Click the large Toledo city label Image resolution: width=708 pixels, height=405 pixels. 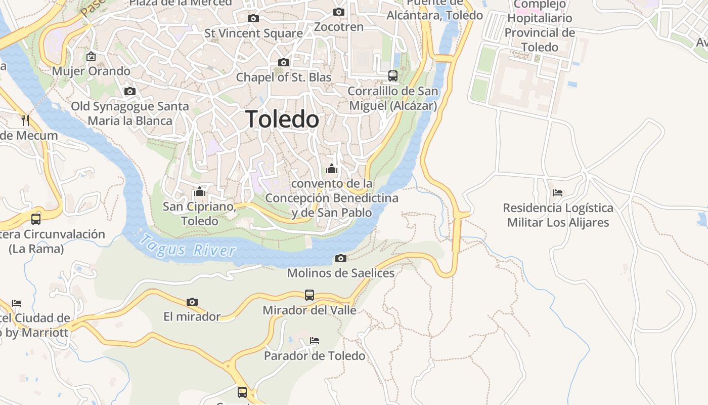click(282, 119)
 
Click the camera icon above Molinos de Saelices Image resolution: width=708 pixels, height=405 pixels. click(341, 259)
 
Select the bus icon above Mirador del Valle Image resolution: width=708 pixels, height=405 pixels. click(309, 295)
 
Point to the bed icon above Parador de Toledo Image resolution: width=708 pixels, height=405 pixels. click(315, 341)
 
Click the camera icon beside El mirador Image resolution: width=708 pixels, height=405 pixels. click(192, 302)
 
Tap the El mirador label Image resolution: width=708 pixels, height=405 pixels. click(192, 317)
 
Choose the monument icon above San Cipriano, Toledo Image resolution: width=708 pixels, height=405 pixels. click(200, 192)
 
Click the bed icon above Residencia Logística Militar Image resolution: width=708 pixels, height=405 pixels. click(558, 193)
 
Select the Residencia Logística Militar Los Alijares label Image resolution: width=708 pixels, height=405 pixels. click(558, 215)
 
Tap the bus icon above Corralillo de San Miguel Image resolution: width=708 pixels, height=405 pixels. click(393, 76)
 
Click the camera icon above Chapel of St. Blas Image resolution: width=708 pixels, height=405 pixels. click(284, 63)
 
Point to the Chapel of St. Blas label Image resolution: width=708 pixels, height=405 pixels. click(284, 77)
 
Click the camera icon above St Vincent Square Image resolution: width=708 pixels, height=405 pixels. click(253, 19)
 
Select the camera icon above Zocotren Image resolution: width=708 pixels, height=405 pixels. click(339, 12)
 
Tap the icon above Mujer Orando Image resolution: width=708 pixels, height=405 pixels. click(91, 56)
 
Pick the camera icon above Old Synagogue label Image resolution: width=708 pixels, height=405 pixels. click(130, 92)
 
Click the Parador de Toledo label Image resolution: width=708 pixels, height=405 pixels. click(315, 356)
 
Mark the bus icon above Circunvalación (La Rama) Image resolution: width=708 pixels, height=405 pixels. click(36, 219)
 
